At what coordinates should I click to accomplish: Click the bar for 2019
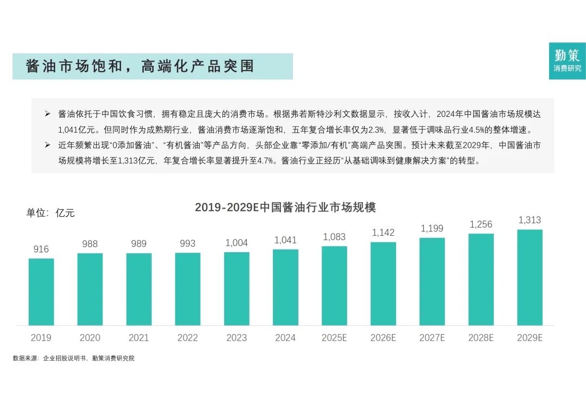coord(41,292)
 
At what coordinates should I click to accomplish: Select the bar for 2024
coord(285,287)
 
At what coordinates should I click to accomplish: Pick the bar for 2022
coord(188,289)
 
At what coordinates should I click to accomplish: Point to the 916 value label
coord(41,249)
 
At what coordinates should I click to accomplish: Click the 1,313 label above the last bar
coord(530,220)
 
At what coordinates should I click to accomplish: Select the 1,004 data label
coord(237,243)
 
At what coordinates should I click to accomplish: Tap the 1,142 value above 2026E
coord(383,232)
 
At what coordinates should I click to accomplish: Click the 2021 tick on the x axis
coord(139,338)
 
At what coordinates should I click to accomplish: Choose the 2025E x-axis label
coord(334,338)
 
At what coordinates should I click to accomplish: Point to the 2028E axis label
coord(481,338)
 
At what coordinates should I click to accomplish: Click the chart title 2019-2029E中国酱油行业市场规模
coord(285,207)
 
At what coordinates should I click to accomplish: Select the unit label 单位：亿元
coord(50,213)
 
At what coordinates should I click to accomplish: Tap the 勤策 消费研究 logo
coord(567,60)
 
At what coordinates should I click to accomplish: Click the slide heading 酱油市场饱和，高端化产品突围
coord(140,66)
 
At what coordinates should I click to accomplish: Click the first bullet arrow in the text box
coord(47,115)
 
